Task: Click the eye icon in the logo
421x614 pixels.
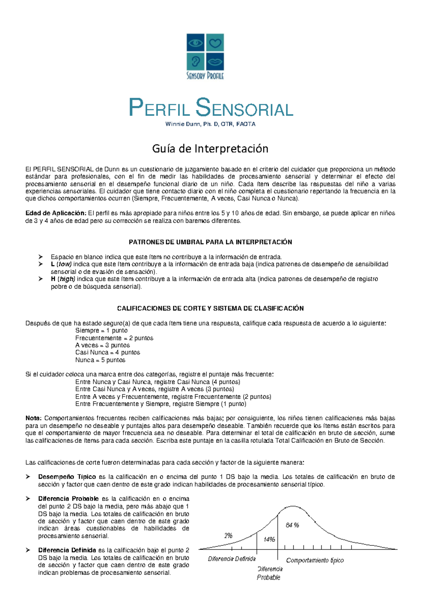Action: [195, 43]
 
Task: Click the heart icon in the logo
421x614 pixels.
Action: [215, 43]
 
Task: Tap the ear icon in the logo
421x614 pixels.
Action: [195, 62]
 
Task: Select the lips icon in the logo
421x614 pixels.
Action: [215, 62]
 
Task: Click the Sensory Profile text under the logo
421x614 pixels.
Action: [205, 76]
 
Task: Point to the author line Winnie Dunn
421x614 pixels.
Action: [210, 124]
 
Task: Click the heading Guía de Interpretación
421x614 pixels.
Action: [210, 149]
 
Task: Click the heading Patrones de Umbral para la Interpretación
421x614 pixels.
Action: [210, 242]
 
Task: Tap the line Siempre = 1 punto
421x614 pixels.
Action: [101, 330]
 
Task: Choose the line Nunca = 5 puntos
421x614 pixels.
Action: [100, 360]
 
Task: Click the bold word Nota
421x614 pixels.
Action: [33, 418]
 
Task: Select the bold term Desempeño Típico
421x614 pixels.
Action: [67, 477]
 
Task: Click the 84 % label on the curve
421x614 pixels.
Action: [292, 525]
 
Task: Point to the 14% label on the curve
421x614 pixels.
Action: [269, 539]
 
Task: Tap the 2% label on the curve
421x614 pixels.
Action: [228, 536]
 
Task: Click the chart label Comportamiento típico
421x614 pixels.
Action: [315, 560]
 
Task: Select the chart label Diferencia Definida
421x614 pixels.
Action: [232, 559]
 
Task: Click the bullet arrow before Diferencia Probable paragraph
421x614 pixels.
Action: [28, 499]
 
